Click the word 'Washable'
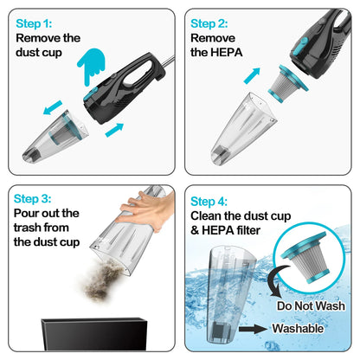(x=299, y=330)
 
